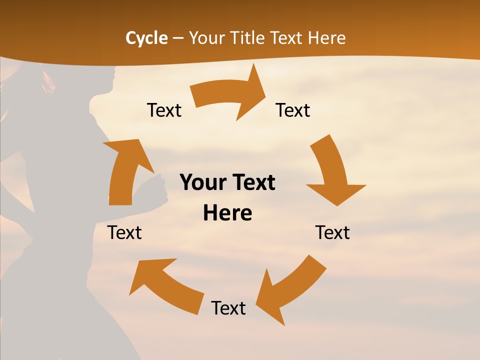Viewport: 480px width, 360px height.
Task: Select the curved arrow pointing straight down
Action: tap(332, 172)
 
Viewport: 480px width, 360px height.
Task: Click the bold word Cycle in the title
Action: tap(146, 38)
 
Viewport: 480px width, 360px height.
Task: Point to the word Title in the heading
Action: tap(249, 38)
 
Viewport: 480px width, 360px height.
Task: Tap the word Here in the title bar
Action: tap(326, 38)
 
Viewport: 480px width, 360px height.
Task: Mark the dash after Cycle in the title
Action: tap(178, 38)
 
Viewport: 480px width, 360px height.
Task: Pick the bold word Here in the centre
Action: tap(227, 213)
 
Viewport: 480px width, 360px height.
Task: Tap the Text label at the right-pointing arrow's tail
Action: tap(164, 110)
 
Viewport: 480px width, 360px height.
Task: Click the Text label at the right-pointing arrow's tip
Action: tap(293, 110)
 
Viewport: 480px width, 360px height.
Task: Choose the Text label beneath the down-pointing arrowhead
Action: tap(332, 232)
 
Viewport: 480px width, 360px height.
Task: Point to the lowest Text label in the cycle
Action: tap(228, 308)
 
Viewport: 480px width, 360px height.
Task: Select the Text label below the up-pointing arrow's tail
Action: tap(124, 232)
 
